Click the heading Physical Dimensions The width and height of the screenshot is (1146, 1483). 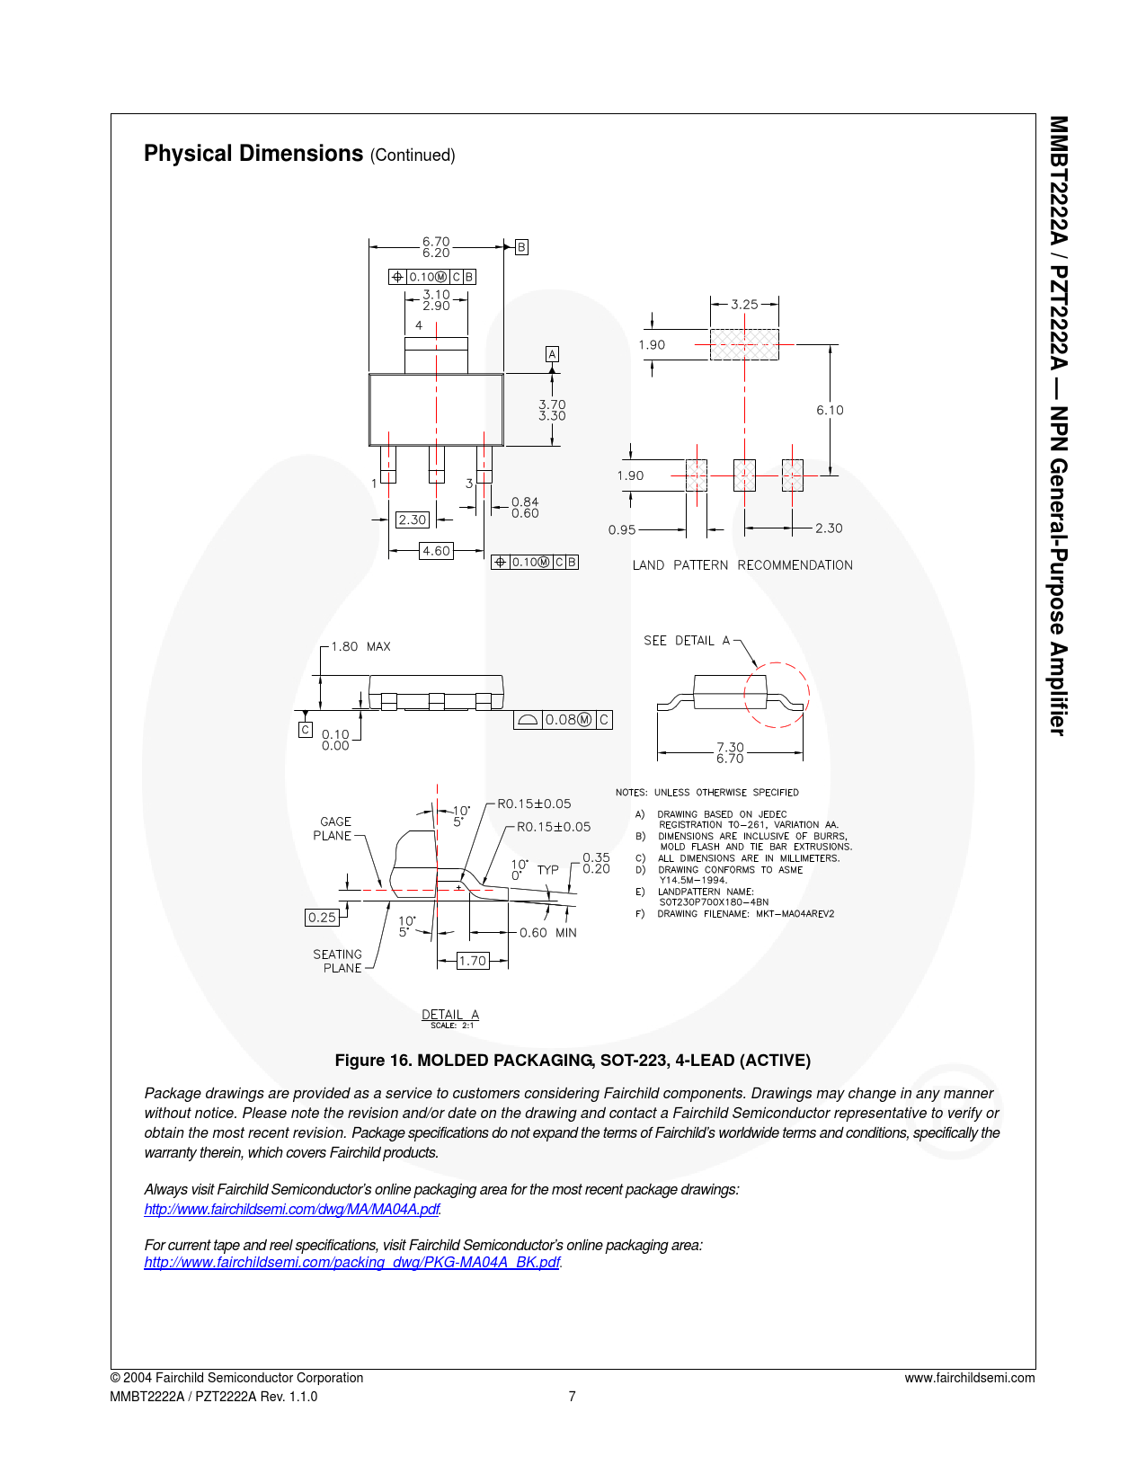[x=253, y=154]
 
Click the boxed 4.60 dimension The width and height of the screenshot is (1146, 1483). [x=436, y=551]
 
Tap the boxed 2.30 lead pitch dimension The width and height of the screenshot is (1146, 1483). [x=413, y=519]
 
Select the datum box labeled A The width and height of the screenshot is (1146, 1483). [x=552, y=354]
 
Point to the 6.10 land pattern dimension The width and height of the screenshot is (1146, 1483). [x=830, y=410]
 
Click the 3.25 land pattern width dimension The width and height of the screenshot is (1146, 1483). [x=744, y=305]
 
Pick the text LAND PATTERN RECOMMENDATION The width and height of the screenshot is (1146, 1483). [x=742, y=565]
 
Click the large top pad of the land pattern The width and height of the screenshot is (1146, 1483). [x=744, y=344]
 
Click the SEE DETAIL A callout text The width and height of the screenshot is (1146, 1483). [x=687, y=641]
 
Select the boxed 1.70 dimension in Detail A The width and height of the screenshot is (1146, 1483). [x=472, y=961]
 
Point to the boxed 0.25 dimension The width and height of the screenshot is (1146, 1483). [x=322, y=918]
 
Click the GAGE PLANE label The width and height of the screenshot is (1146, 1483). [x=333, y=829]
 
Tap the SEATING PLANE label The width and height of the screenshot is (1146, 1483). [x=338, y=961]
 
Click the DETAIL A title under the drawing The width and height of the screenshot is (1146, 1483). [x=450, y=1015]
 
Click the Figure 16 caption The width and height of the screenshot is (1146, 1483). [x=573, y=1061]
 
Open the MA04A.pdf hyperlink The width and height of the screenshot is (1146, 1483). [x=292, y=1209]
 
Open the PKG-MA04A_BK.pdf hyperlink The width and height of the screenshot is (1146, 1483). [x=352, y=1262]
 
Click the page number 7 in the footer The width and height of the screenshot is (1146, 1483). [x=572, y=1396]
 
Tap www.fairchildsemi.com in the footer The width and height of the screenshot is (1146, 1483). [x=969, y=1378]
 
